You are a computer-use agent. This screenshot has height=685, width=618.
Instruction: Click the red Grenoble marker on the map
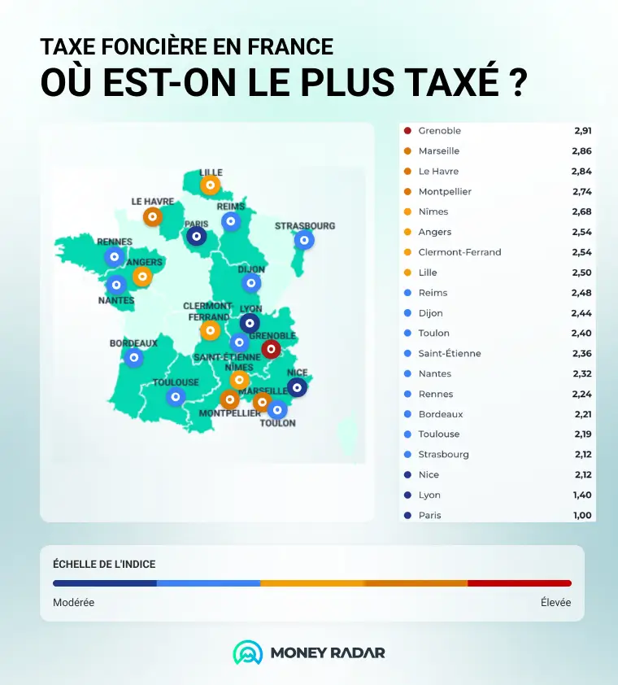click(x=272, y=349)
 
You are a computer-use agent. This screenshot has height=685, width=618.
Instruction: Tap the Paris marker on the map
click(x=197, y=237)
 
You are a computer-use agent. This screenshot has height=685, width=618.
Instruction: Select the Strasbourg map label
click(x=305, y=226)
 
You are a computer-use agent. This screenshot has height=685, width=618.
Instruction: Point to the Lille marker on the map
click(x=210, y=185)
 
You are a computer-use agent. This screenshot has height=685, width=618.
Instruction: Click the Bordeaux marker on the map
click(x=133, y=358)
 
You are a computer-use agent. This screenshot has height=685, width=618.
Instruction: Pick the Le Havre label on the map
click(x=153, y=202)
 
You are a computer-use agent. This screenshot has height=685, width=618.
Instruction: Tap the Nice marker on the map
click(x=297, y=387)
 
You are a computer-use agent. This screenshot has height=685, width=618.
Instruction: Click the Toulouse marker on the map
click(x=176, y=397)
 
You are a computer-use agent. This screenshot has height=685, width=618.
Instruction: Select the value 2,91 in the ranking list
click(x=583, y=131)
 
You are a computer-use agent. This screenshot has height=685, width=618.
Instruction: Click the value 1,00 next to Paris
click(x=582, y=515)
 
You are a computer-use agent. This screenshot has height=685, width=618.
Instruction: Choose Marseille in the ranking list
click(x=439, y=151)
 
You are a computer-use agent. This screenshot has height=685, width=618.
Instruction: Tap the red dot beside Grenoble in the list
click(x=407, y=131)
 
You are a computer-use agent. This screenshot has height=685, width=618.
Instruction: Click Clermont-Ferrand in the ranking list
click(x=460, y=252)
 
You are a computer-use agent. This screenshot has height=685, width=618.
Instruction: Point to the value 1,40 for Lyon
click(x=582, y=495)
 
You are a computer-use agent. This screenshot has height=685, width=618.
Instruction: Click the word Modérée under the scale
click(x=73, y=603)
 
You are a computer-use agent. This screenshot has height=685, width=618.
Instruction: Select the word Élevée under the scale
click(x=555, y=603)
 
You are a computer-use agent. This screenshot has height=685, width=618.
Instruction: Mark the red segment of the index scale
click(x=520, y=583)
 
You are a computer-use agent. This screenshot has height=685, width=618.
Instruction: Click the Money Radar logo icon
click(x=248, y=652)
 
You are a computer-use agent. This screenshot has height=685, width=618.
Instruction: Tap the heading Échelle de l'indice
click(x=104, y=564)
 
